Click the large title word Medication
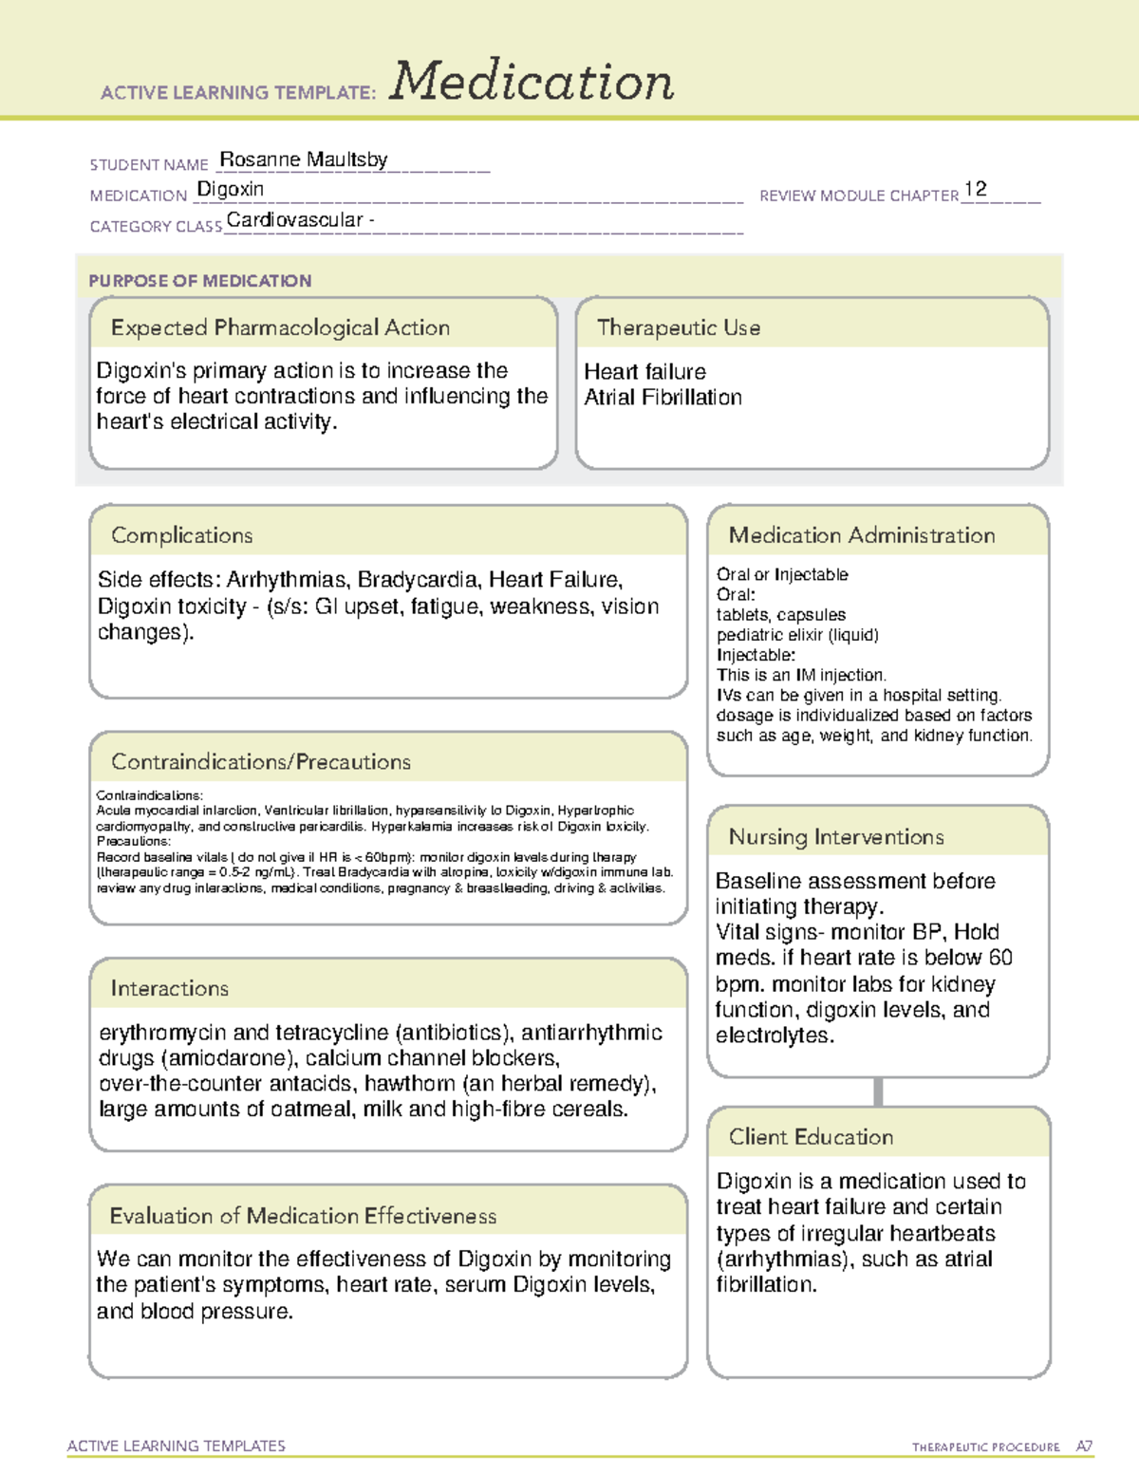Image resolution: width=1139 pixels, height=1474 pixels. click(x=532, y=82)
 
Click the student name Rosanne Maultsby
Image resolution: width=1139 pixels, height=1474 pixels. click(x=303, y=159)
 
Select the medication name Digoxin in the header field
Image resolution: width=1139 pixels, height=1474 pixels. click(x=231, y=190)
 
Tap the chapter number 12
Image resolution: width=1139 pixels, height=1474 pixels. click(x=975, y=189)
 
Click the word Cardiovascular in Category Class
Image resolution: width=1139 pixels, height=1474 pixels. click(x=295, y=220)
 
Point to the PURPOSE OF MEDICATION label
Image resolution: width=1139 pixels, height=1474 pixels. click(x=200, y=281)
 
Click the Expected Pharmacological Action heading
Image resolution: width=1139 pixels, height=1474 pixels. click(x=280, y=327)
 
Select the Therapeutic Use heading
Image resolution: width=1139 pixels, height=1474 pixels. click(x=678, y=327)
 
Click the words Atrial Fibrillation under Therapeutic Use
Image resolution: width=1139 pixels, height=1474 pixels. click(x=663, y=398)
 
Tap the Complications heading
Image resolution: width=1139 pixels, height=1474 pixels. click(x=181, y=535)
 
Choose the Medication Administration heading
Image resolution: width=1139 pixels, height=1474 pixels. click(x=861, y=535)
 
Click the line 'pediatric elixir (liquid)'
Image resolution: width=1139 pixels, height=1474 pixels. click(x=797, y=635)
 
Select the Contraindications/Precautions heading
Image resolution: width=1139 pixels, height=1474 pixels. click(x=260, y=762)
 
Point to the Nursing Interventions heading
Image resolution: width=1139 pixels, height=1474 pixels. click(x=835, y=837)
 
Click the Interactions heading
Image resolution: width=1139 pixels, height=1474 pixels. click(x=169, y=989)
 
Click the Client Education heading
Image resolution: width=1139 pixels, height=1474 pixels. click(x=811, y=1137)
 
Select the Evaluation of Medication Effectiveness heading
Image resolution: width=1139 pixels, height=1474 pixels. click(x=303, y=1216)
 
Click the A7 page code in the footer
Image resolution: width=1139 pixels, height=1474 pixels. click(x=1084, y=1446)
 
